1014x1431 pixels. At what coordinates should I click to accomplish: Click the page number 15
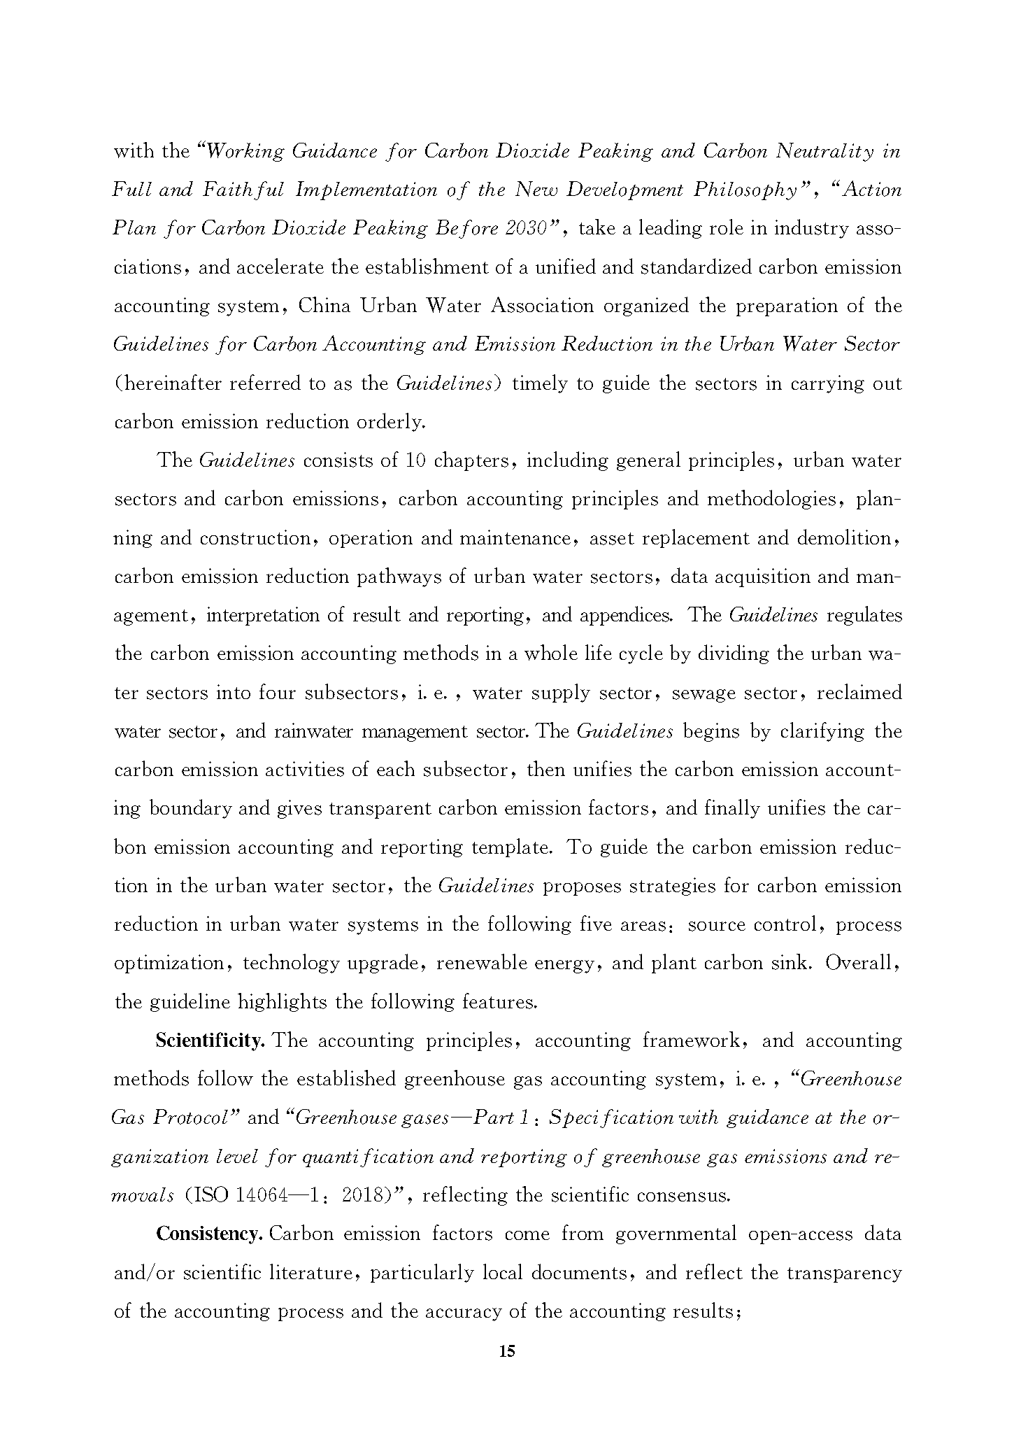tap(507, 1351)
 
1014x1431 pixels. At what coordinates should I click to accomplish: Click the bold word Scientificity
tap(209, 1041)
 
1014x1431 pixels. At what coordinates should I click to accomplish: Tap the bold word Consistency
tap(209, 1234)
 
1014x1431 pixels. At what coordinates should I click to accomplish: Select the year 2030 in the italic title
tap(528, 229)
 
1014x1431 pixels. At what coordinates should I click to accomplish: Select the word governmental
tap(676, 1234)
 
